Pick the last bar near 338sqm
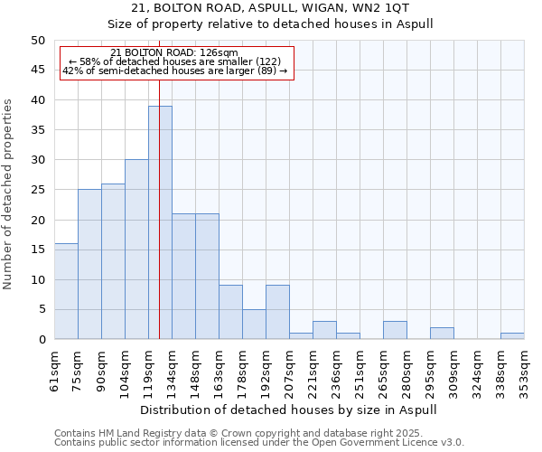point(512,336)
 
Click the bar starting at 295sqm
point(442,334)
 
